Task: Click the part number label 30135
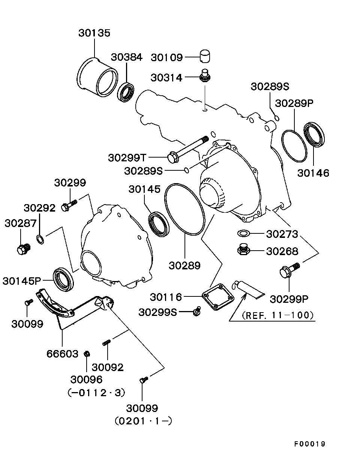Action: click(94, 33)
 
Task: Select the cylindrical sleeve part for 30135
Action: click(97, 77)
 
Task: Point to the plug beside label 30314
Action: click(205, 75)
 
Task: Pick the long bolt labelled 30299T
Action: click(187, 149)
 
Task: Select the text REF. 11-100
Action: click(278, 315)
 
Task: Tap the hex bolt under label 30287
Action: click(23, 248)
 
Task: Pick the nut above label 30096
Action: click(86, 353)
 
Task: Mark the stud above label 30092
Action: click(106, 342)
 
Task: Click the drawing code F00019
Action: click(309, 444)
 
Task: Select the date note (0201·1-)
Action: click(143, 421)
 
